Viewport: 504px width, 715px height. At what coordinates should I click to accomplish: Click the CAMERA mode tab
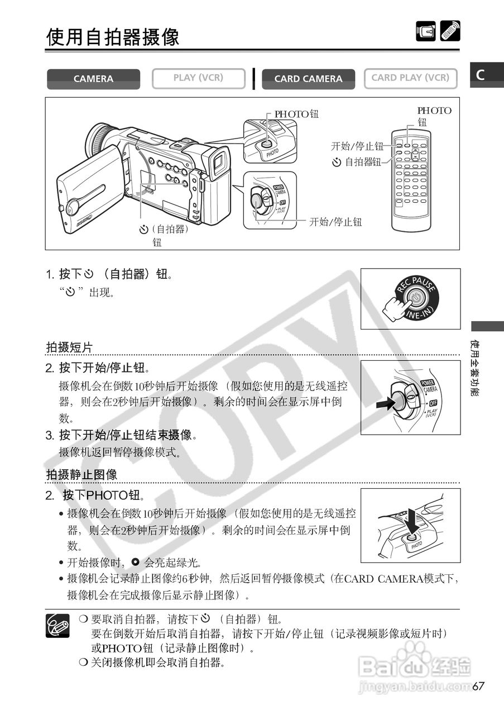(x=93, y=79)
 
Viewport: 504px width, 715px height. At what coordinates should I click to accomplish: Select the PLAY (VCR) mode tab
(x=198, y=78)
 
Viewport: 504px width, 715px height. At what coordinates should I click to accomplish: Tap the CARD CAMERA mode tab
(x=308, y=79)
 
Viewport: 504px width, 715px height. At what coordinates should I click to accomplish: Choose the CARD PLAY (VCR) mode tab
(x=410, y=78)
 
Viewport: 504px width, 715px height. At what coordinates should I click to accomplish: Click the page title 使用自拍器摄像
(x=113, y=37)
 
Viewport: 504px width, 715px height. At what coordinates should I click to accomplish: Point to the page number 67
(x=478, y=686)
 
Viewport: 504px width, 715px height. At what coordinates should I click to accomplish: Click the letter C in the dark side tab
(x=480, y=75)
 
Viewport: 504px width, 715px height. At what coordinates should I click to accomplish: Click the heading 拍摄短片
(x=69, y=347)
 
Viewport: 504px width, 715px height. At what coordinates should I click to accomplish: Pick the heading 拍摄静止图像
(x=81, y=475)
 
